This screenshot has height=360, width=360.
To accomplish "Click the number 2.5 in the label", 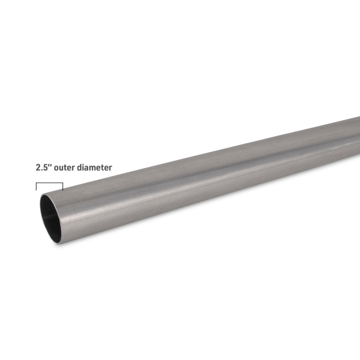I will [x=42, y=167].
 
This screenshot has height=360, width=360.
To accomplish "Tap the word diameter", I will [x=94, y=167].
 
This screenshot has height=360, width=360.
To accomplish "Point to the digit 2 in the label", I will [x=38, y=167].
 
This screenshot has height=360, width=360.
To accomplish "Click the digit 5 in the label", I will [x=45, y=167].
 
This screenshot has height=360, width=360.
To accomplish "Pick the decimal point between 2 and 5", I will [x=42, y=170].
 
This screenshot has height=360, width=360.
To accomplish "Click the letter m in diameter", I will [x=94, y=168].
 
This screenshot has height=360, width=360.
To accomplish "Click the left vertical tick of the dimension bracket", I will [x=36, y=187].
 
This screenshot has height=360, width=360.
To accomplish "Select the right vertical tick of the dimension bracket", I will [x=63, y=187].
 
